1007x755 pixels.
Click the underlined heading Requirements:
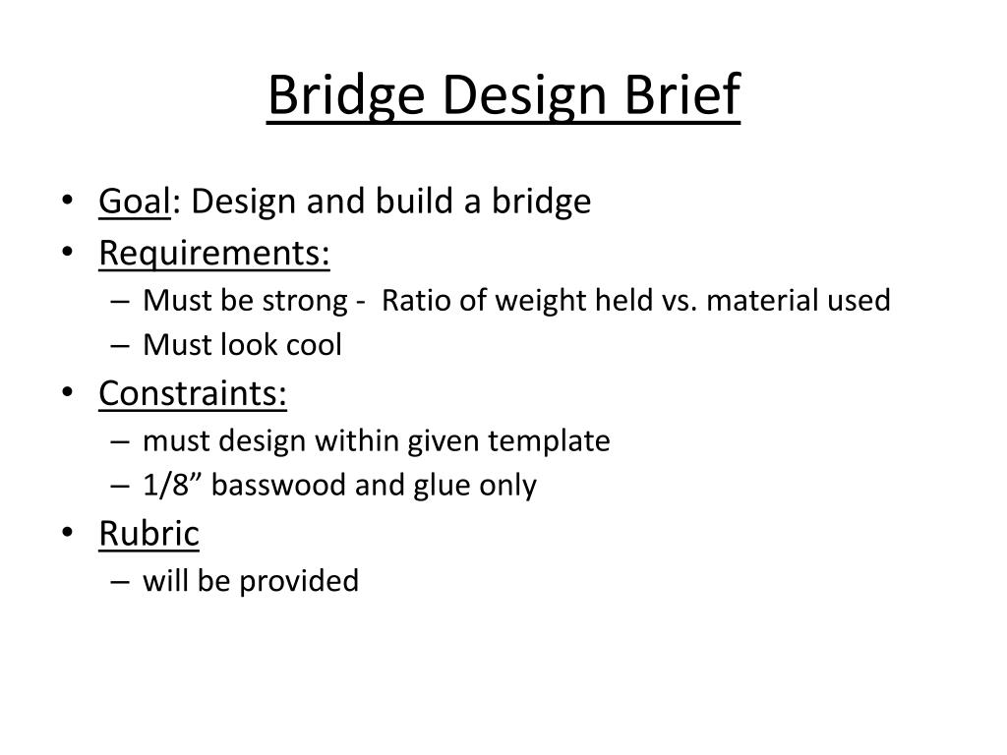pyautogui.click(x=213, y=253)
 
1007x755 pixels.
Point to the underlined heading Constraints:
pyautogui.click(x=193, y=393)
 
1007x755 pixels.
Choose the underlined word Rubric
pyautogui.click(x=149, y=533)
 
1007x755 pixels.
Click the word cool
pyautogui.click(x=314, y=345)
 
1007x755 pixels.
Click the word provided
pyautogui.click(x=299, y=582)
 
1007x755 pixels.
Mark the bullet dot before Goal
pyautogui.click(x=68, y=201)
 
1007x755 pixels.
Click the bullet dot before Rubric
pyautogui.click(x=68, y=532)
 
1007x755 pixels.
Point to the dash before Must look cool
pyautogui.click(x=120, y=346)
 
